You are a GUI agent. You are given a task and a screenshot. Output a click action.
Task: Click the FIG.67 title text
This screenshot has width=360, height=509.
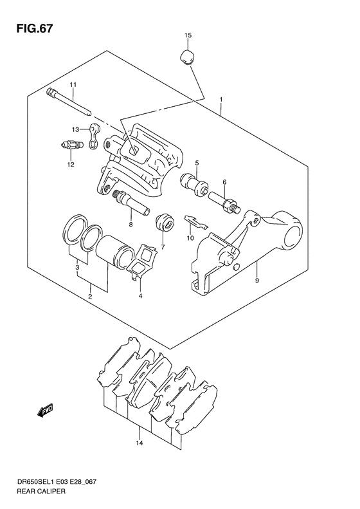point(30,29)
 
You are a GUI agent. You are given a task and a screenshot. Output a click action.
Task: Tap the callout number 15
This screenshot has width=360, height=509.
point(188,35)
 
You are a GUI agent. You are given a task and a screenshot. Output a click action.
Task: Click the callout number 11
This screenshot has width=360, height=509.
point(73,86)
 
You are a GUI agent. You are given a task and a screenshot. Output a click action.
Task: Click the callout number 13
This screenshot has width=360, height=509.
point(75,129)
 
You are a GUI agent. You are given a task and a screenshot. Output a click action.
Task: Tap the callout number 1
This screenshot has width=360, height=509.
point(221,100)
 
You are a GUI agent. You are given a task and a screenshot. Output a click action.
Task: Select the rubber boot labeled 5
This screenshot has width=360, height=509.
point(194,183)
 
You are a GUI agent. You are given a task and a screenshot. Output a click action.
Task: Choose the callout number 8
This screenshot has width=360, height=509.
point(130,225)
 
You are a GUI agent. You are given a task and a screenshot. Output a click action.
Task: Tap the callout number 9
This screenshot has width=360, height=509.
point(256,281)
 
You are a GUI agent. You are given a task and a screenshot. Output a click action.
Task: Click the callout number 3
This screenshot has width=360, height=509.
point(77,267)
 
